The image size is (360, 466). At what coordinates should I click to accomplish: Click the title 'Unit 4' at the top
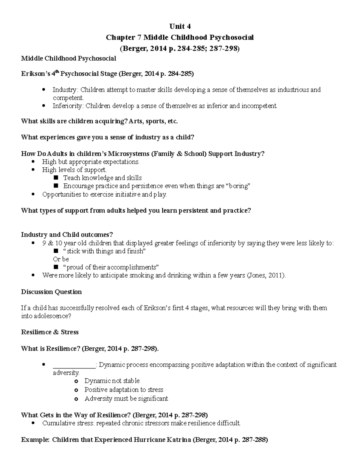pyautogui.click(x=180, y=26)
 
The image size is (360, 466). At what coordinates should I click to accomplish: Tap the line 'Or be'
pyautogui.click(x=61, y=259)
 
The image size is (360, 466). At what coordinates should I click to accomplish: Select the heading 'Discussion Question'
pyautogui.click(x=51, y=292)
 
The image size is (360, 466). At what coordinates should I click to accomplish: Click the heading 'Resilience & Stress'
pyautogui.click(x=50, y=332)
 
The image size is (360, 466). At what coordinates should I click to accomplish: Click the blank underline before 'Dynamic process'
pyautogui.click(x=74, y=365)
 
